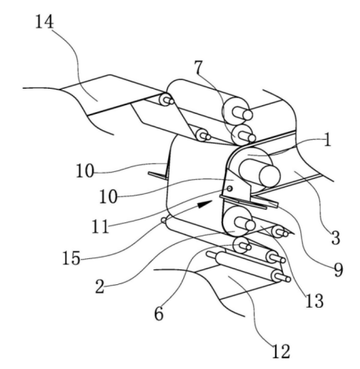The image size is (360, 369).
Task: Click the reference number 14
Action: (45, 21)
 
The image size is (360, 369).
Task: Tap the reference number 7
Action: (199, 67)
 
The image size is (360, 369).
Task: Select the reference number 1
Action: (327, 140)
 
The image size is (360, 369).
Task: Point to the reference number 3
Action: (336, 238)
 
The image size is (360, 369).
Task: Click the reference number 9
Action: (338, 269)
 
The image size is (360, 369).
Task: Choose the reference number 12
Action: (281, 351)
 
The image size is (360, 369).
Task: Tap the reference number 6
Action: (159, 313)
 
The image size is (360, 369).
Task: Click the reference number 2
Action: (100, 286)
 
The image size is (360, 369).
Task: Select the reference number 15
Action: (71, 258)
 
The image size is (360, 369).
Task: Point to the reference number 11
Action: (101, 226)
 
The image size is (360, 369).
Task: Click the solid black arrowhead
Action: (205, 204)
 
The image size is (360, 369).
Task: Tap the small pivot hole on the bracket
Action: (230, 188)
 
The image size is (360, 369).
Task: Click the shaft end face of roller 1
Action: (270, 176)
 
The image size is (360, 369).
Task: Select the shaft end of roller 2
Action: (250, 225)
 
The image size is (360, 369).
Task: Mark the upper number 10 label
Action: (85, 171)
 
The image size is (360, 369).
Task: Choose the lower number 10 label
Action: (108, 196)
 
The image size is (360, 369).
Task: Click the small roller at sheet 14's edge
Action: (166, 100)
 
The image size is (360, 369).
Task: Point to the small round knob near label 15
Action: (163, 221)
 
